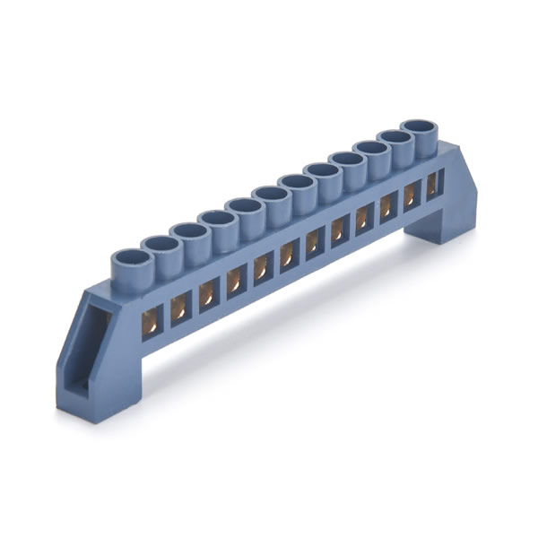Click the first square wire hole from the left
tap(152, 320)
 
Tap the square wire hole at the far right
tap(433, 184)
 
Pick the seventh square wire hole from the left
tap(315, 241)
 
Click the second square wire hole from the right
tap(412, 195)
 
